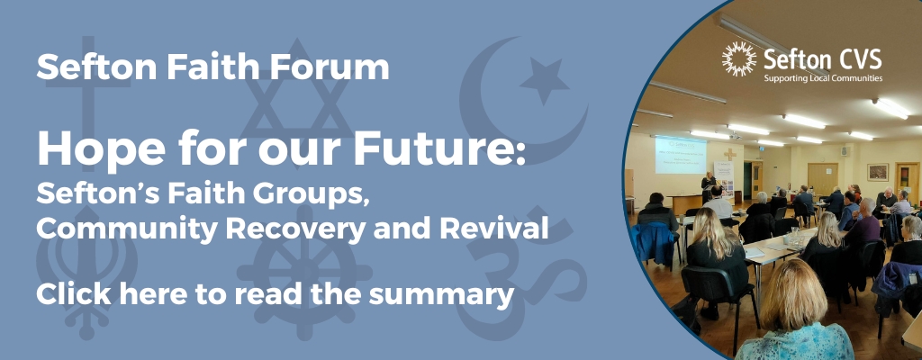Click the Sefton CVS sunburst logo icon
[739, 58]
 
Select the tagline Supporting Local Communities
[823, 78]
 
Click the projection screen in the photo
[681, 156]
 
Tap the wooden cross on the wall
[729, 155]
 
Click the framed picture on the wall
[878, 172]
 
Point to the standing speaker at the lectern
[708, 187]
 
